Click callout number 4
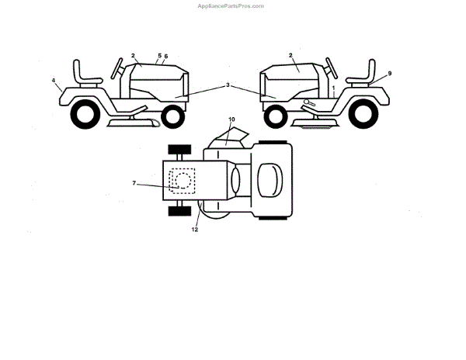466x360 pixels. pyautogui.click(x=54, y=80)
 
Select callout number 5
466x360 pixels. pyautogui.click(x=159, y=56)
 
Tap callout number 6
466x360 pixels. pyautogui.click(x=166, y=57)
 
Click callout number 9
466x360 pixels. pyautogui.click(x=389, y=74)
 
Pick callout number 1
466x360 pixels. pyautogui.click(x=333, y=90)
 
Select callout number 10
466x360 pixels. pyautogui.click(x=231, y=120)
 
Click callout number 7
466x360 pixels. pyautogui.click(x=134, y=183)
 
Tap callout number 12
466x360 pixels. pyautogui.click(x=195, y=229)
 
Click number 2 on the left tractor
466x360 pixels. pyautogui.click(x=133, y=56)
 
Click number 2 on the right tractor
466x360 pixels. pyautogui.click(x=290, y=56)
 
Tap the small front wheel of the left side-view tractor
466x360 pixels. pyautogui.click(x=174, y=116)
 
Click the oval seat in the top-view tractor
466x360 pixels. pyautogui.click(x=269, y=182)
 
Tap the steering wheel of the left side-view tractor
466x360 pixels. pyautogui.click(x=120, y=67)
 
